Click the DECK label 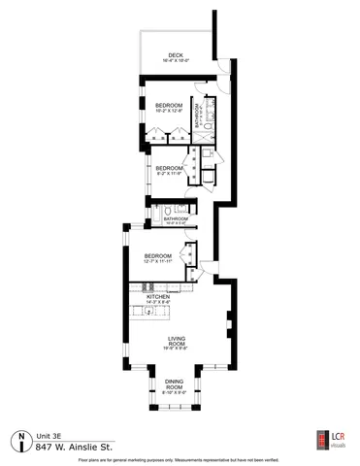[176, 55]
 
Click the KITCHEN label [158, 296]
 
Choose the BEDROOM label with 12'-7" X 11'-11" [157, 255]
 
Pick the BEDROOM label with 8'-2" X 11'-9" [170, 168]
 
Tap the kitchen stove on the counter [150, 287]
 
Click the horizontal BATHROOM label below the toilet [175, 218]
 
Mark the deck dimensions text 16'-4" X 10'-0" [176, 61]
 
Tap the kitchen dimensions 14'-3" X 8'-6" [158, 302]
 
